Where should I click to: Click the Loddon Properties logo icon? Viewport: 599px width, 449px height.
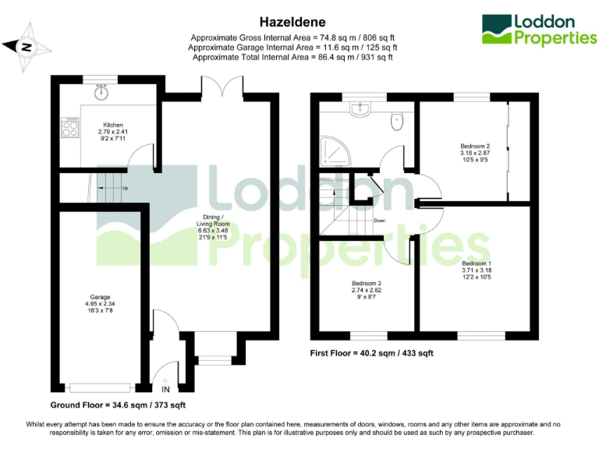(x=496, y=30)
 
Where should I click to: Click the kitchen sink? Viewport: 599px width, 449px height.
(x=101, y=93)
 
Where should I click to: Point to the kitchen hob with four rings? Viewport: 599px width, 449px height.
(x=69, y=128)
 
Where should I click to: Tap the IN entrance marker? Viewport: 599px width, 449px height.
(x=165, y=389)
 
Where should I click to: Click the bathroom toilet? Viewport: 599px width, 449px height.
(x=397, y=121)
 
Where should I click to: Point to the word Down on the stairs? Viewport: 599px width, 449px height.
(x=379, y=221)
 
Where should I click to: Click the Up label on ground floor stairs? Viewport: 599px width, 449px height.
(x=125, y=188)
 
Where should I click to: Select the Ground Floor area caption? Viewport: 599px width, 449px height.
(x=118, y=405)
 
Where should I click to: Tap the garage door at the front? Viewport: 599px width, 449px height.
(x=99, y=386)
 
